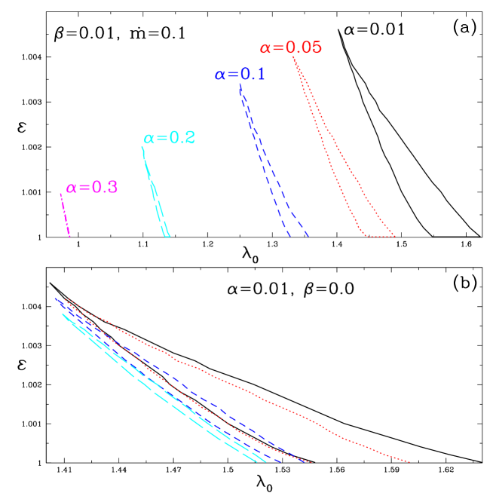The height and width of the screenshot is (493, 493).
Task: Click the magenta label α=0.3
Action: (92, 188)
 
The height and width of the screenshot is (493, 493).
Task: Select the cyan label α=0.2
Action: (170, 138)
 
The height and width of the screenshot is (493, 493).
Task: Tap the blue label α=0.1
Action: (240, 75)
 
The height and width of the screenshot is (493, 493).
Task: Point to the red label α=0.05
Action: (291, 48)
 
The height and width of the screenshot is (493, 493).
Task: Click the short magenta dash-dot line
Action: (65, 216)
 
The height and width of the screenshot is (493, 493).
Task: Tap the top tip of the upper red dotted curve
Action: (293, 57)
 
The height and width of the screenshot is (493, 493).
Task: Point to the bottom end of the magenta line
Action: (70, 237)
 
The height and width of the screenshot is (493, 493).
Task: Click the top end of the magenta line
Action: (60, 194)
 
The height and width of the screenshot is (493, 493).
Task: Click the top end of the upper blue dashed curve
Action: (240, 84)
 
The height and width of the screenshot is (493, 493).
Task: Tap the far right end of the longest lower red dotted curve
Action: (409, 461)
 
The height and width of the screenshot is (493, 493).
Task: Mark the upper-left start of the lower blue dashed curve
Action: (55, 299)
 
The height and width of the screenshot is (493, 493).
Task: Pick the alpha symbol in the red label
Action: (265, 48)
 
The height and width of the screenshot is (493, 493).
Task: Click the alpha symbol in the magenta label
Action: (71, 188)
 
